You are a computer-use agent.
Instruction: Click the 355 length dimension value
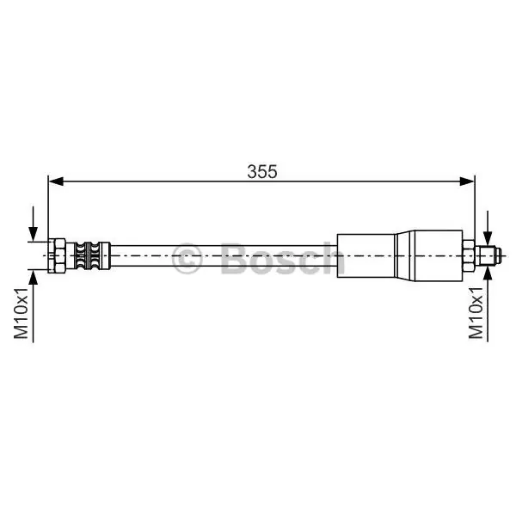point(262,171)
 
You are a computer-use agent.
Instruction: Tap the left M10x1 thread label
point(21,313)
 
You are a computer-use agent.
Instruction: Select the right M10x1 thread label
point(476,313)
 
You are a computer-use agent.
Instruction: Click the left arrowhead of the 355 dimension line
point(56,181)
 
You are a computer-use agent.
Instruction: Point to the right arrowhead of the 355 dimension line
point(467,181)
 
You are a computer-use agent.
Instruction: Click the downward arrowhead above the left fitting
point(33,234)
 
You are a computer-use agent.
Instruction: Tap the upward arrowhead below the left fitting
point(33,277)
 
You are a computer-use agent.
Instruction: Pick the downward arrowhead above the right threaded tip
point(488,238)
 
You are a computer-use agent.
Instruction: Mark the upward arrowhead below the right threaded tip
point(488,273)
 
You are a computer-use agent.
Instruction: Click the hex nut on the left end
point(57,255)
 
